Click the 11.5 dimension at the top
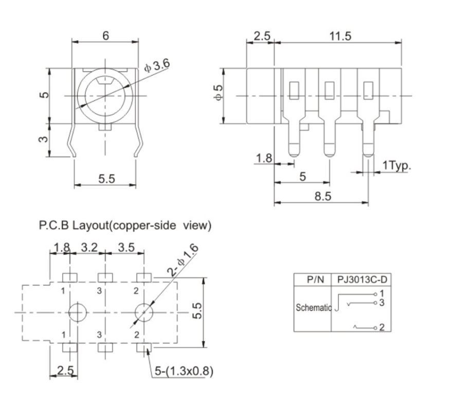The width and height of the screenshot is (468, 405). (x=339, y=37)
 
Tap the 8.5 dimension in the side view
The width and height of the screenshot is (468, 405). (x=322, y=197)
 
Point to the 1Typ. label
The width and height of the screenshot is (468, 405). (x=397, y=165)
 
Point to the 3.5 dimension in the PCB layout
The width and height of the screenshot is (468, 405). (x=125, y=248)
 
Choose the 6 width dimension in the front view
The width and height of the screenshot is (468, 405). (x=105, y=36)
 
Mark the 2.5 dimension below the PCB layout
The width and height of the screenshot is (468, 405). (x=66, y=371)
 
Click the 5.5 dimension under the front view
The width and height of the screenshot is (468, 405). (x=106, y=178)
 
